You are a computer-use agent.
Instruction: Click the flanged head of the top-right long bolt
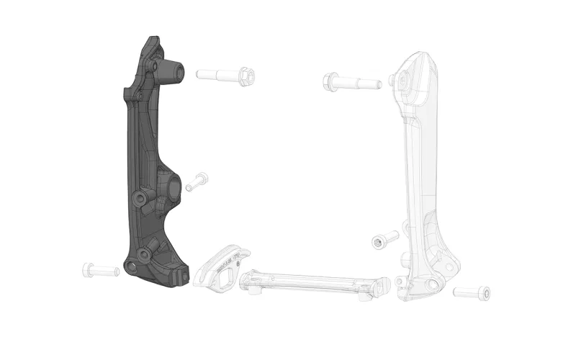331,81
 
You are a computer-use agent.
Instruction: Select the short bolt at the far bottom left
100,270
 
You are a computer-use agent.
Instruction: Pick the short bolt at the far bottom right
473,293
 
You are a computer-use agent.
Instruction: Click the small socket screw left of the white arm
384,240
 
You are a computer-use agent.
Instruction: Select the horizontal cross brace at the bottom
310,283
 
